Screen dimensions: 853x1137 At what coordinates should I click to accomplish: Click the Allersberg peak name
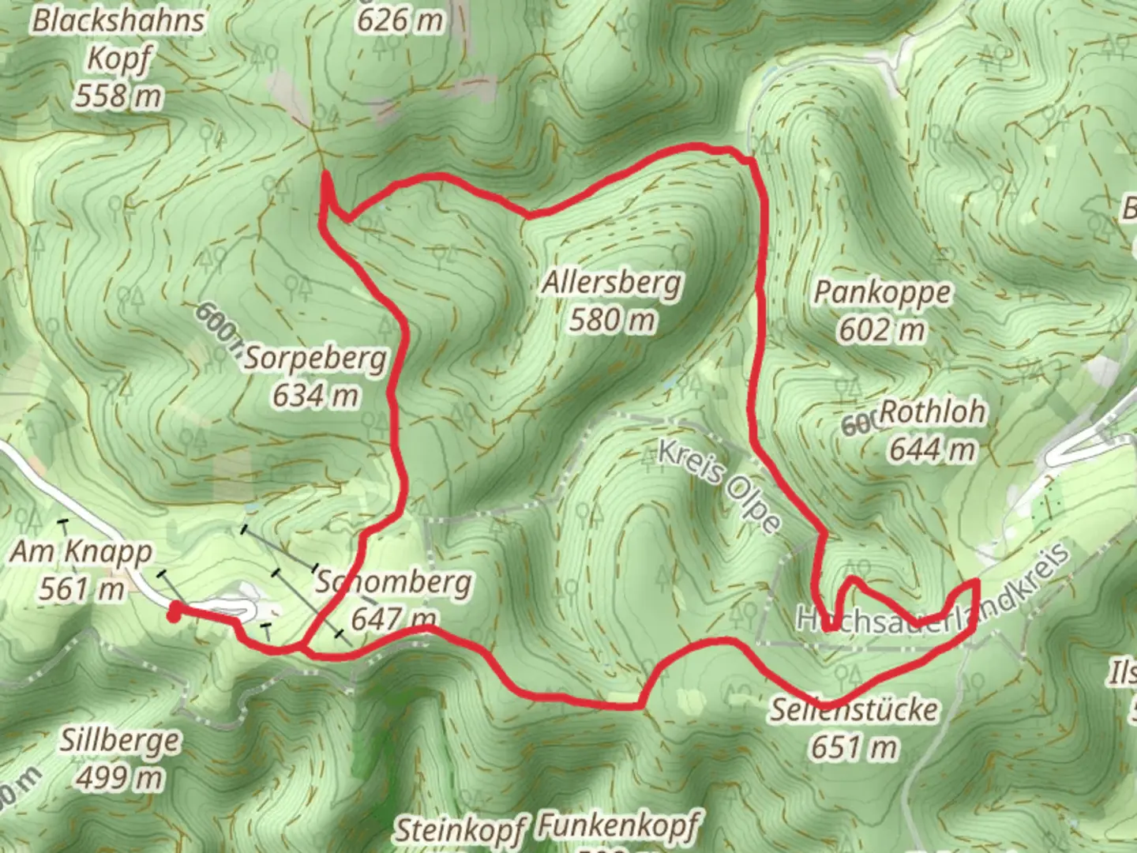pos(611,283)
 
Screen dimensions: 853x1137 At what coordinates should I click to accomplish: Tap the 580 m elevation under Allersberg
pos(612,320)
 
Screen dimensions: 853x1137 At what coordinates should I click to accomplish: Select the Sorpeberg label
pos(315,359)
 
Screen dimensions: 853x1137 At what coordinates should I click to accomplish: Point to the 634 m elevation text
pos(315,395)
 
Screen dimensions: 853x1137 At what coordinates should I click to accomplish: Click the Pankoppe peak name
pos(882,292)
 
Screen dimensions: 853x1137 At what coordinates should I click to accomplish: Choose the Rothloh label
pos(932,411)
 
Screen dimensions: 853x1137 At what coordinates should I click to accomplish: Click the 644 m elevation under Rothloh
pos(932,449)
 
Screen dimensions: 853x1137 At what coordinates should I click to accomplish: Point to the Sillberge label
pos(119,741)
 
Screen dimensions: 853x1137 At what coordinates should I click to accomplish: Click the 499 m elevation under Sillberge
pos(119,778)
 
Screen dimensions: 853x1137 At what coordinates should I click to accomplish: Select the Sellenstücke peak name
pos(854,710)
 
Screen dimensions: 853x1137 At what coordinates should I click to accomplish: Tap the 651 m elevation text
pos(854,747)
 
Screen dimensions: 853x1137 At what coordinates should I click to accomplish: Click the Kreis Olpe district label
pos(719,487)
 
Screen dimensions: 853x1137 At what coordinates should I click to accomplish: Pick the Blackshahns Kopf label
pos(118,39)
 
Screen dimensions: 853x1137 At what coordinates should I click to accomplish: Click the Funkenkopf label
pos(617,826)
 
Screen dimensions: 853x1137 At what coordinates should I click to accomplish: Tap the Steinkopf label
pos(460,829)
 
